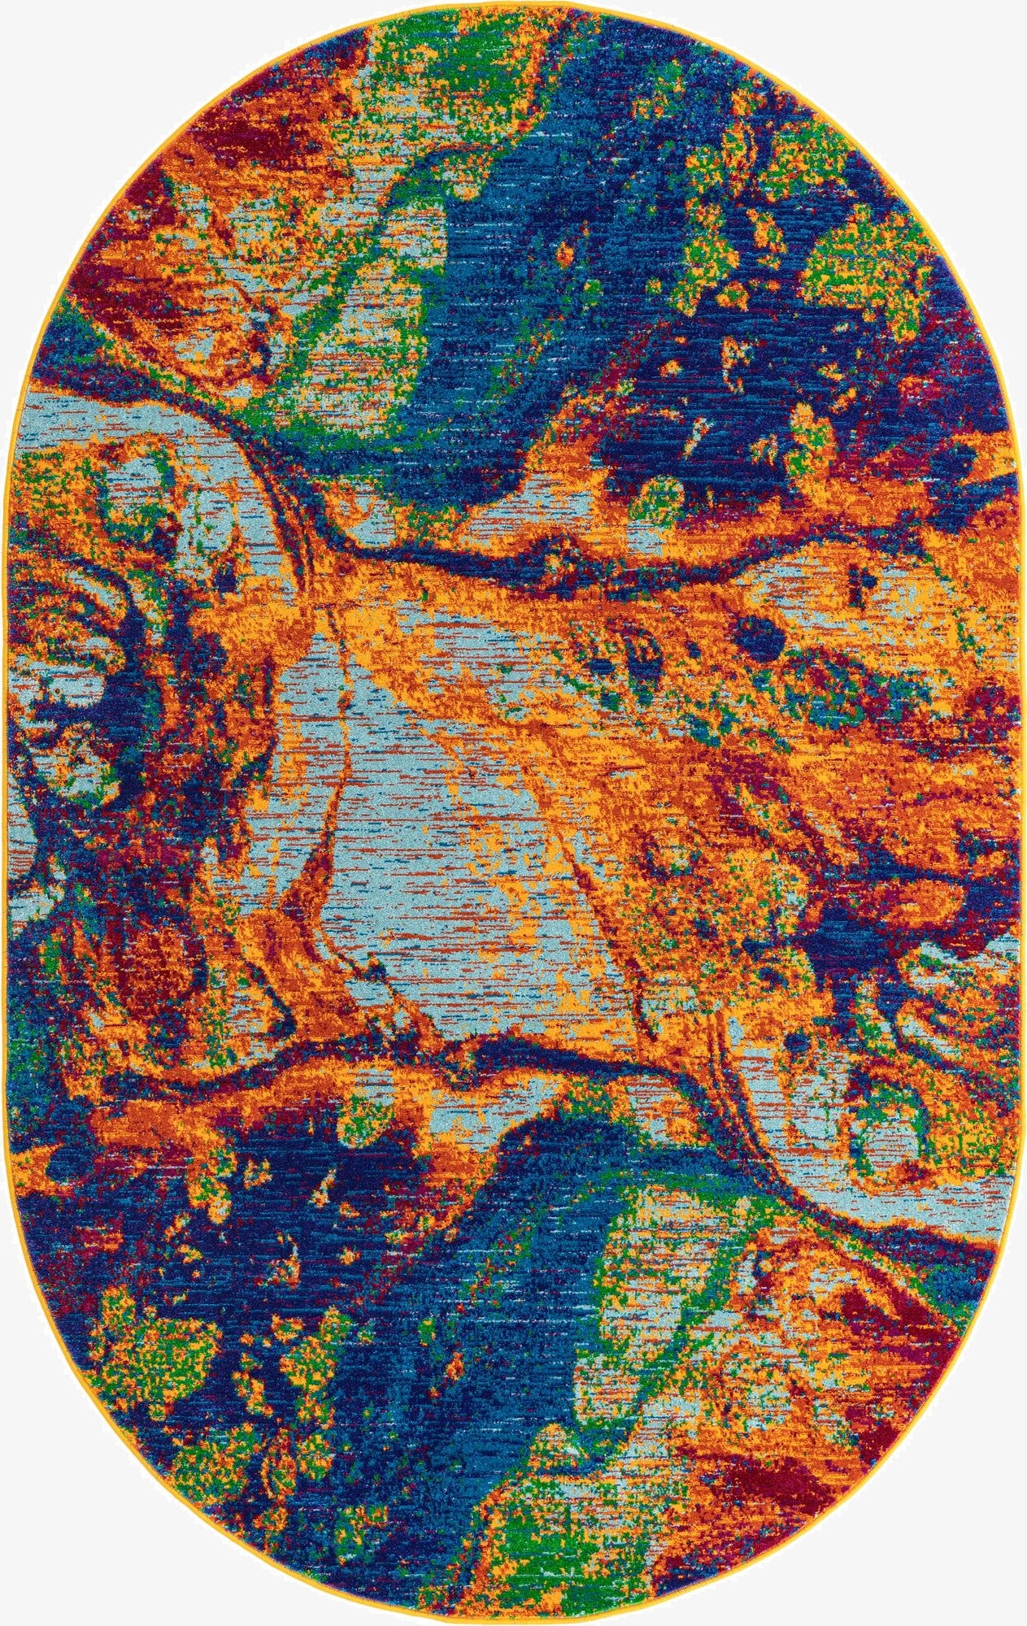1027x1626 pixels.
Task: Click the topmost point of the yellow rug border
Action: click(514, 2)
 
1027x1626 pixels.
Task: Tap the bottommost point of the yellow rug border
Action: click(514, 1623)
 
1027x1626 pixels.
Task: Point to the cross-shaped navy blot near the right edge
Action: click(860, 578)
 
